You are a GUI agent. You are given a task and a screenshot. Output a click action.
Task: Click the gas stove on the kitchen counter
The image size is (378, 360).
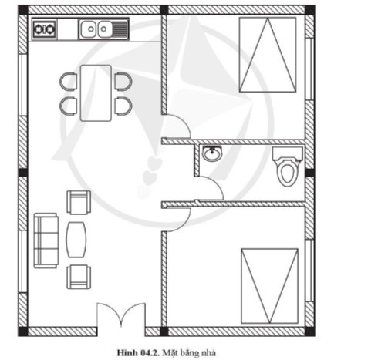pos(45,29)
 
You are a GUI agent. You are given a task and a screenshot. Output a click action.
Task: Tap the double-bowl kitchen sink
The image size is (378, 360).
pos(103,29)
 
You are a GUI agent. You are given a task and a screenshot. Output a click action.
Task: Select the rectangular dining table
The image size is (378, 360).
pos(96,93)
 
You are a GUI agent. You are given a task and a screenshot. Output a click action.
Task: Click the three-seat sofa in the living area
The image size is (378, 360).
pos(46,241)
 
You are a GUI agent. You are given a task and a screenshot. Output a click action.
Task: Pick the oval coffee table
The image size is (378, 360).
pos(76,240)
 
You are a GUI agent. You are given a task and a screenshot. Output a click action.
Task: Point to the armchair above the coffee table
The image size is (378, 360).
pos(79,203)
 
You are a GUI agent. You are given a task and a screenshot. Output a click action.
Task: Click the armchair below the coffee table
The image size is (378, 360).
pos(79,277)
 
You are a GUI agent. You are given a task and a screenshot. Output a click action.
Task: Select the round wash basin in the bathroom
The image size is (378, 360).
pos(212,153)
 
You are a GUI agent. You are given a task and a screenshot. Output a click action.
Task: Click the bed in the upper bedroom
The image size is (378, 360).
pos(268,55)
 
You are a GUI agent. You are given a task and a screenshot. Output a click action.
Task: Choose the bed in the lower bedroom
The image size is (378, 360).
pos(269,286)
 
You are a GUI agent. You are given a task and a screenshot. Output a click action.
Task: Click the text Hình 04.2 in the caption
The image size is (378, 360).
pos(137,352)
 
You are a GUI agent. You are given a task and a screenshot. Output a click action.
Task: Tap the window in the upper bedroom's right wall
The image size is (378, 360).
pos(309,69)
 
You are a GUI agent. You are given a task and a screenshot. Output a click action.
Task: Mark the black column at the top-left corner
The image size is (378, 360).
pos(23,10)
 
